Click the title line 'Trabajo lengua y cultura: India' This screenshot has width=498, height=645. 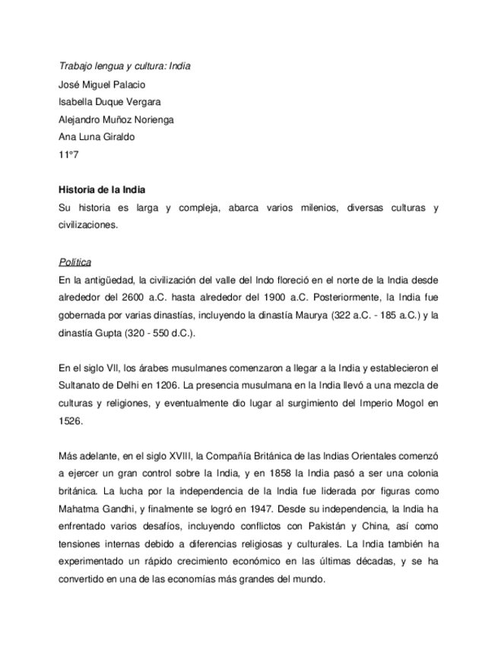click(x=124, y=66)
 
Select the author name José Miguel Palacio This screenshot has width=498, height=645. click(x=101, y=84)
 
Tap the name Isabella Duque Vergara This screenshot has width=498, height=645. click(x=109, y=102)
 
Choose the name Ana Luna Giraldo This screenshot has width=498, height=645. click(x=96, y=137)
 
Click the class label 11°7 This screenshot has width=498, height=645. click(x=68, y=154)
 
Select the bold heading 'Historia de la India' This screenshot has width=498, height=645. click(x=102, y=190)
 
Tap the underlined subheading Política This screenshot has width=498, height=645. click(x=75, y=262)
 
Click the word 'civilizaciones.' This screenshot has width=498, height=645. click(x=88, y=225)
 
